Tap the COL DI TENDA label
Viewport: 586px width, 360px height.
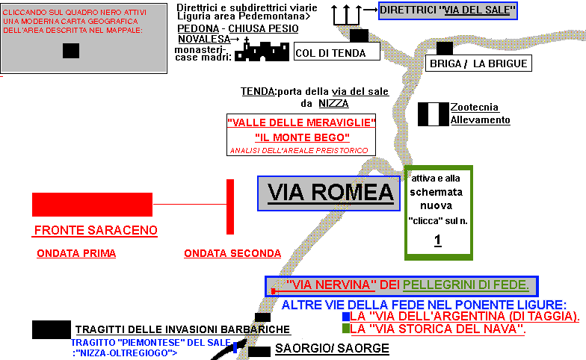coord(330,53)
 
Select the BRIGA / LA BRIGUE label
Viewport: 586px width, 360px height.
coord(478,64)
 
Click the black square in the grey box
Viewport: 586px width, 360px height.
coord(71,51)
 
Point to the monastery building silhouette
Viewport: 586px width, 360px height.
coord(262,51)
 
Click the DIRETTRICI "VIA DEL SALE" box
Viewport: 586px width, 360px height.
coord(447,10)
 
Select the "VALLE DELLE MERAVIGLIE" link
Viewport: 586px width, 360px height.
coord(302,122)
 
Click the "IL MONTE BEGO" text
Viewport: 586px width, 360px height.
coord(302,137)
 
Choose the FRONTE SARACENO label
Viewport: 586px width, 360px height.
coord(96,230)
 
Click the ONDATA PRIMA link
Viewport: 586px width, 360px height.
coord(76,253)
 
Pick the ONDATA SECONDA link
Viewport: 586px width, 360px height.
coord(232,253)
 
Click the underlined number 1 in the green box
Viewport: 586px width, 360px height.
coord(438,240)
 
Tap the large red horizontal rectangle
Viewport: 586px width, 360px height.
coord(92,204)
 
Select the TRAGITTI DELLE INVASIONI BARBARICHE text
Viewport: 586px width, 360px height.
coord(182,330)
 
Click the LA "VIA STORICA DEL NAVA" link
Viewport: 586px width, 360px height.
coord(438,329)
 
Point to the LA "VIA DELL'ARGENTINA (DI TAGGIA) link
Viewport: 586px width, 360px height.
coord(464,317)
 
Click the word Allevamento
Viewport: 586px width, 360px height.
coord(480,120)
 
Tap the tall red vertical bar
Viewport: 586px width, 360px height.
coord(230,206)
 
